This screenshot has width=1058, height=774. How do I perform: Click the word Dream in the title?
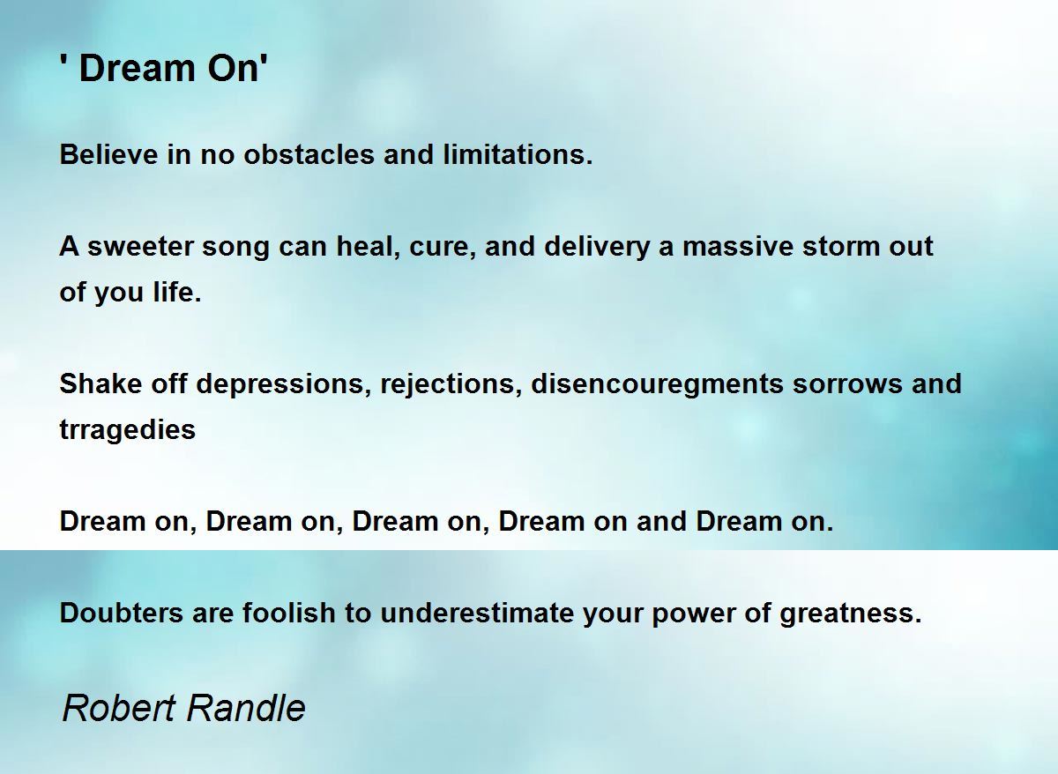pos(138,69)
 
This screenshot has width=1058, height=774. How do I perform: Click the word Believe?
pos(108,154)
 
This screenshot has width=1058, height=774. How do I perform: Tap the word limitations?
pos(518,154)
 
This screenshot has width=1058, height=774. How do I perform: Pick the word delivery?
pos(597,248)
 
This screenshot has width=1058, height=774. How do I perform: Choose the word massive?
pos(738,247)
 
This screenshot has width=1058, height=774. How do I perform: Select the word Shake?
pos(101,383)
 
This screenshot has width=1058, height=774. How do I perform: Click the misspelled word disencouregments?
pos(657,384)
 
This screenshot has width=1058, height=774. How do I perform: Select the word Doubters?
pos(122,613)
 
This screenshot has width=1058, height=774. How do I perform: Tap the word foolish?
pos(289,613)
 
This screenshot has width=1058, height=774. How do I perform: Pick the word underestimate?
pos(477,613)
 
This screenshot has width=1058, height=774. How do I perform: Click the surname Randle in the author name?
pos(247,709)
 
